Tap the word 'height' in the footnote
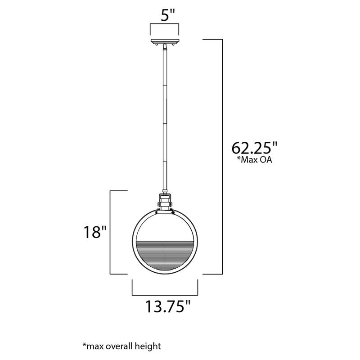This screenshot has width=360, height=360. click(148, 346)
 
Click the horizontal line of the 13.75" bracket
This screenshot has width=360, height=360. click(165, 295)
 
